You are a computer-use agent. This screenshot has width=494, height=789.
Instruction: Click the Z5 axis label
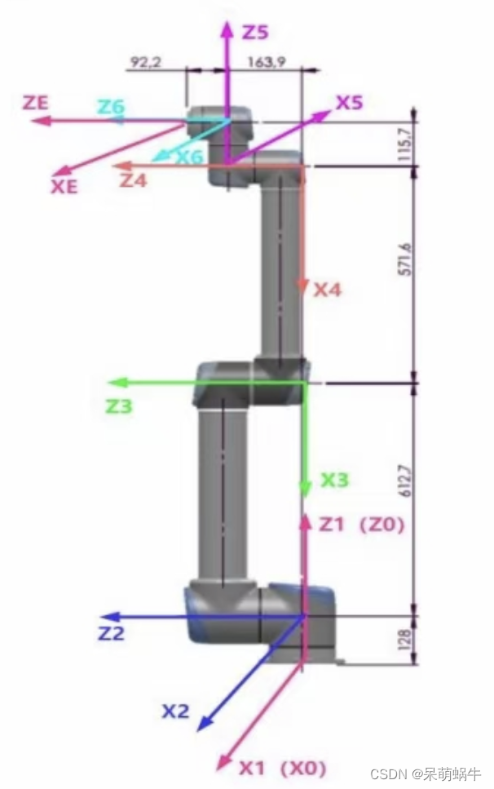pyautogui.click(x=255, y=33)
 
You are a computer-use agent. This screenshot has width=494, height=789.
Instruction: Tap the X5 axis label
pyautogui.click(x=350, y=103)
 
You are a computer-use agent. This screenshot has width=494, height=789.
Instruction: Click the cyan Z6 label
pyautogui.click(x=112, y=106)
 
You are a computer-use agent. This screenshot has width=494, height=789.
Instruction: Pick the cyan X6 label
pyautogui.click(x=189, y=157)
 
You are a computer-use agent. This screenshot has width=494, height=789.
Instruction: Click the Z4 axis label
pyautogui.click(x=134, y=180)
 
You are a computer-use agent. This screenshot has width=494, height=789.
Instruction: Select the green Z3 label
pyautogui.click(x=118, y=405)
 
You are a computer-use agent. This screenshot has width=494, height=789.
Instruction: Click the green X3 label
pyautogui.click(x=334, y=480)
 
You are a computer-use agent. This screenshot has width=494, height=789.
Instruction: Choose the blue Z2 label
pyautogui.click(x=112, y=633)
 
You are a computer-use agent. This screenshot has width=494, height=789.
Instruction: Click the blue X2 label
pyautogui.click(x=175, y=711)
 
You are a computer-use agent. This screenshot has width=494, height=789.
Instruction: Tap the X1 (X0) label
pyautogui.click(x=282, y=767)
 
